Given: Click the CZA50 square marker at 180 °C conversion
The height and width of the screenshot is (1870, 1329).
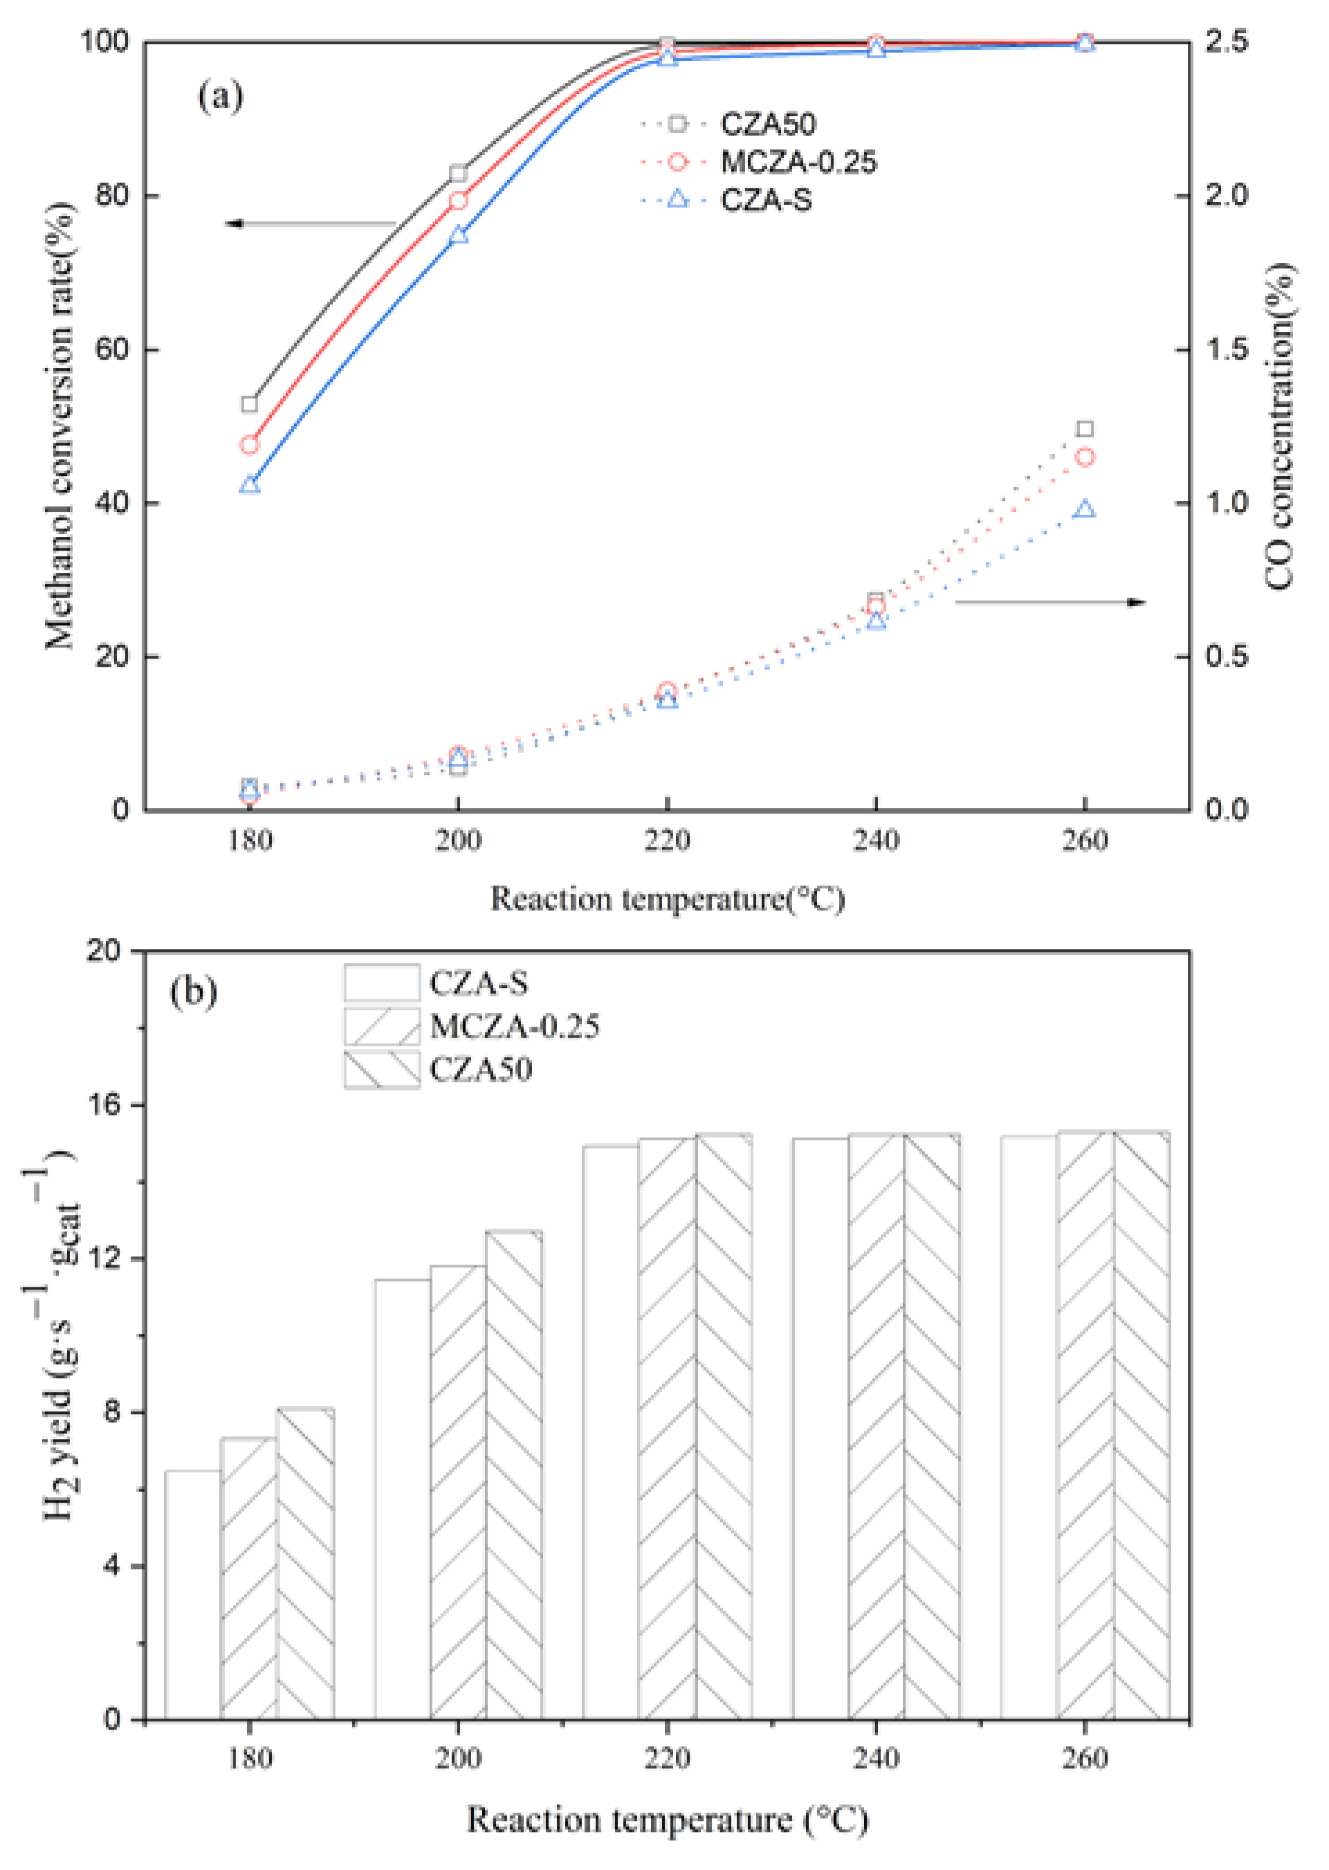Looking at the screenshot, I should (x=250, y=404).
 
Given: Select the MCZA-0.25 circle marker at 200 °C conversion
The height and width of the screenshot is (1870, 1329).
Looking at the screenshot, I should (x=458, y=201).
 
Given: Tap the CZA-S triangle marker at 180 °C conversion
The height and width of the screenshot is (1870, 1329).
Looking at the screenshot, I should (x=250, y=484).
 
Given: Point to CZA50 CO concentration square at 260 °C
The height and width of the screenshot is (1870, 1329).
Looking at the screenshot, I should (x=1084, y=429).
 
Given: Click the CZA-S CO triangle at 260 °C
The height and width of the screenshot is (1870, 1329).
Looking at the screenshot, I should (x=1084, y=509).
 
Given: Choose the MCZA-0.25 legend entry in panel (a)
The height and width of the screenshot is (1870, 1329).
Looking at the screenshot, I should (x=797, y=162).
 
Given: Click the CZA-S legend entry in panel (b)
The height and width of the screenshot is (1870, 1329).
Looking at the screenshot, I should (x=479, y=983).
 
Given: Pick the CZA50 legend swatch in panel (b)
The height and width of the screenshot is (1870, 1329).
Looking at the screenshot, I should (x=381, y=1070).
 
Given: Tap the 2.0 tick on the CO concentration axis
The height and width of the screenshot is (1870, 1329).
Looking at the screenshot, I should (x=1226, y=196).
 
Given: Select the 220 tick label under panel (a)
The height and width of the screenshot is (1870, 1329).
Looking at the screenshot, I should (x=667, y=841).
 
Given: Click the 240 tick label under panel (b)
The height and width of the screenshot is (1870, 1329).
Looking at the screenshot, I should (x=876, y=1758).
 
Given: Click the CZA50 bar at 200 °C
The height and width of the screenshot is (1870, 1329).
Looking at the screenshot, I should (x=514, y=1474).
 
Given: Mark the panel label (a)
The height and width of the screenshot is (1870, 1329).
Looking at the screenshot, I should (x=220, y=97).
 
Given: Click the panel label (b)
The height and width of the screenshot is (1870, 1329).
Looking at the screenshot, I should (x=193, y=992).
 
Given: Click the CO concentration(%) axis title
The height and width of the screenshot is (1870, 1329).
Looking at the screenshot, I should (x=1279, y=425).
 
